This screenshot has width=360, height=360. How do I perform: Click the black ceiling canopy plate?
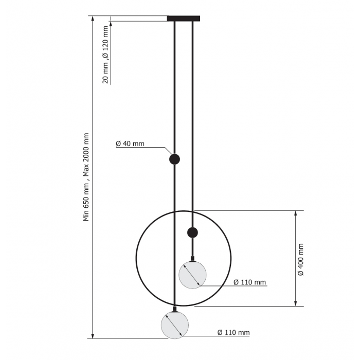point(184,19)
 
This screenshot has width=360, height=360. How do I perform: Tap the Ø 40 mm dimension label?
point(130,143)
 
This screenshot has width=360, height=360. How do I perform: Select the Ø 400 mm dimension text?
point(300,259)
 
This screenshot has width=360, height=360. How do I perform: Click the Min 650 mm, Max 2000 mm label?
point(86,177)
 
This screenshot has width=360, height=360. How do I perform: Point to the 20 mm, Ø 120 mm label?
point(105,55)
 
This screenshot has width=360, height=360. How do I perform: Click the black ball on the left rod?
point(174,159)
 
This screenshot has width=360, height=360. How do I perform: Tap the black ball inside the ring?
point(192,233)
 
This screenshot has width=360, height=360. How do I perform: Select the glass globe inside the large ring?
point(192,275)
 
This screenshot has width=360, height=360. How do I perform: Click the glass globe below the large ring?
point(175,325)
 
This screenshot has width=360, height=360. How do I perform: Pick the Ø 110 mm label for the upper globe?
point(249,282)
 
